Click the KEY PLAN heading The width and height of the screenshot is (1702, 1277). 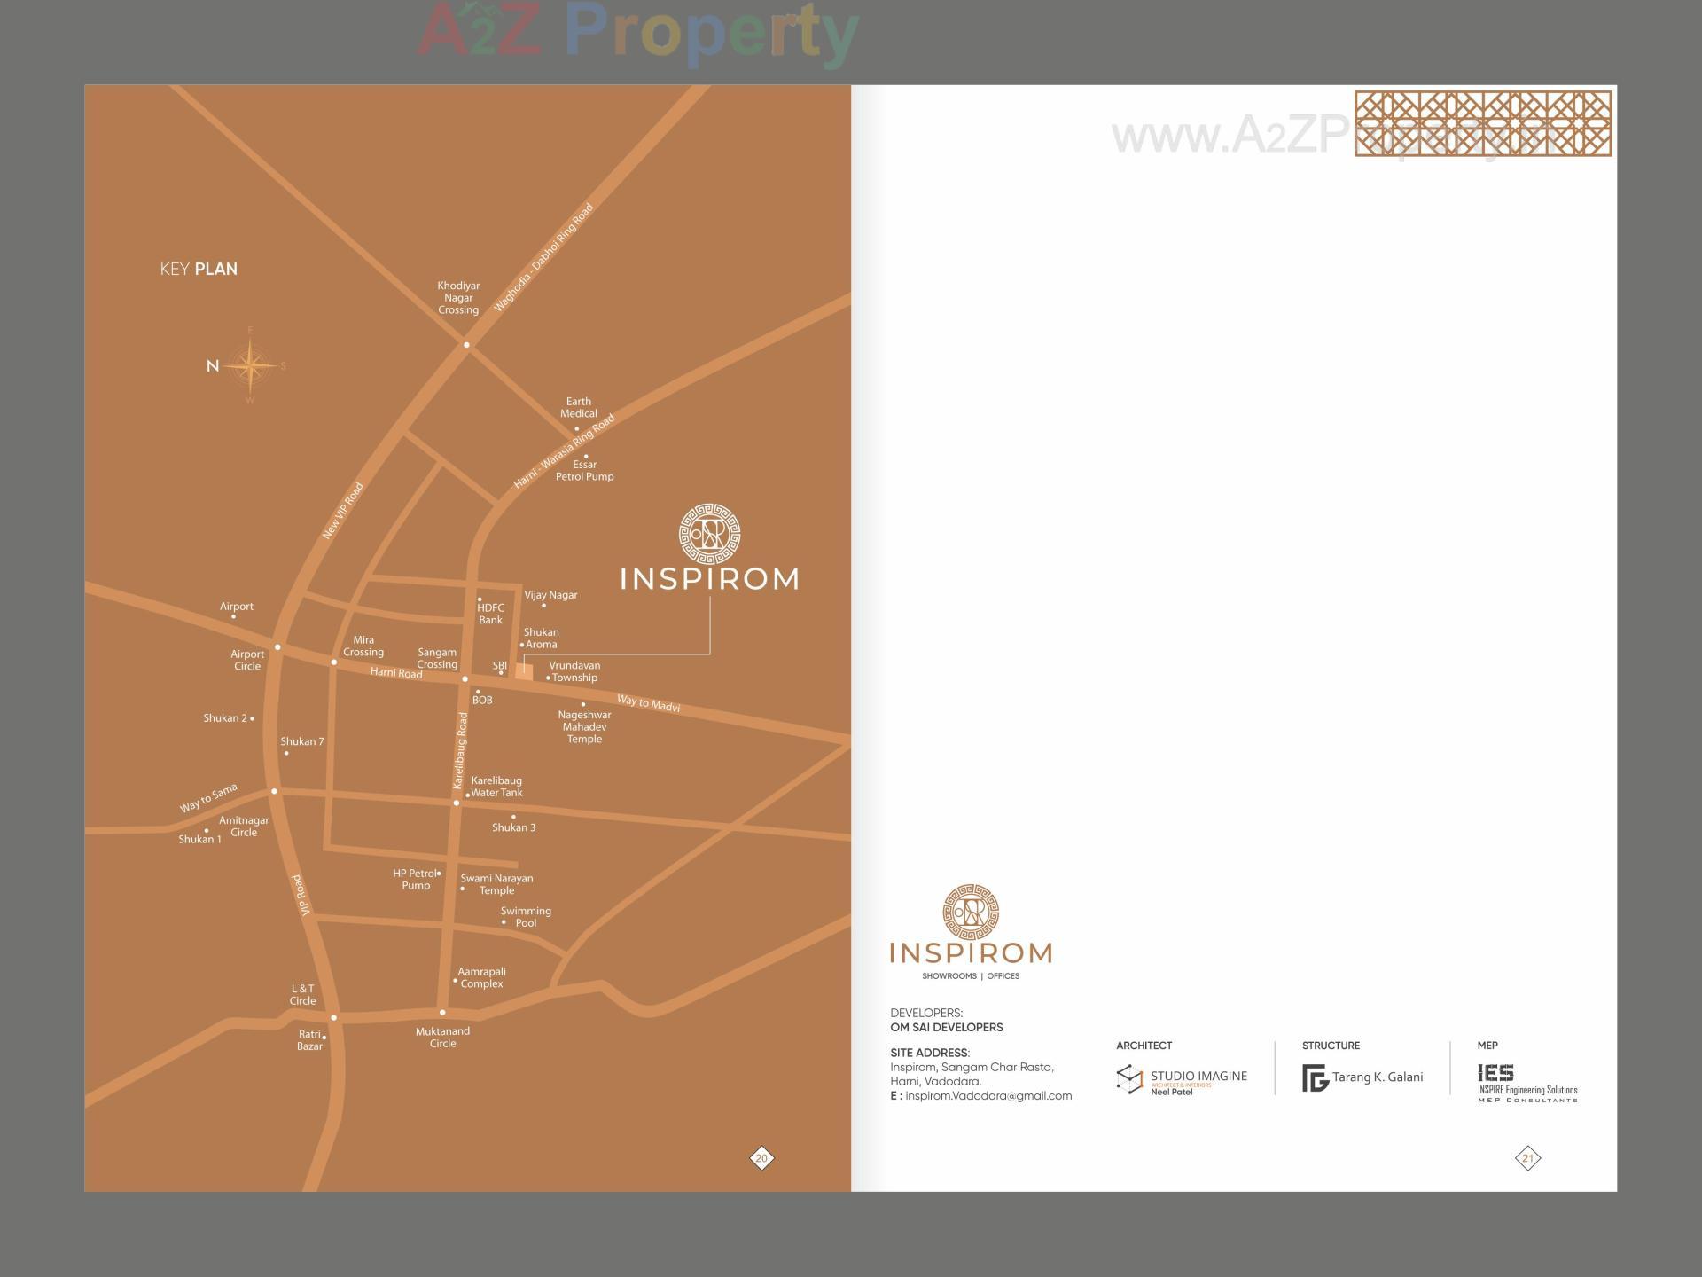click(x=199, y=270)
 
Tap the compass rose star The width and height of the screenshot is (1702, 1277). click(x=250, y=365)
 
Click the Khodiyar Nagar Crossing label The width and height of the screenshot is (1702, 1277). click(x=458, y=298)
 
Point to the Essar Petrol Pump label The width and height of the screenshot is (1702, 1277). click(x=584, y=471)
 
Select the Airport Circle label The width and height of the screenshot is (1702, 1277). click(x=247, y=661)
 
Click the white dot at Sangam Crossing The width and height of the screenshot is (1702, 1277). click(x=465, y=679)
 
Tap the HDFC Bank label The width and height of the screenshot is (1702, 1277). click(x=490, y=614)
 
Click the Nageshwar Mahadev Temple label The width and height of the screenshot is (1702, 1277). click(x=584, y=727)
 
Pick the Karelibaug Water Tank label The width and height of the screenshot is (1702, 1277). click(x=496, y=787)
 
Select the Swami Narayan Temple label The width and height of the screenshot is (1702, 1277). click(x=496, y=884)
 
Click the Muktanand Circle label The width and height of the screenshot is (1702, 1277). click(x=442, y=1038)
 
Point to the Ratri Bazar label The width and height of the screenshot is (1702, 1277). click(x=309, y=1040)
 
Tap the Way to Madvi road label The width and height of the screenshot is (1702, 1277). click(x=648, y=703)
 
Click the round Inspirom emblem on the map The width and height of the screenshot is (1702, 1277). click(x=709, y=534)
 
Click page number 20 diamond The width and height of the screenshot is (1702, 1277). click(x=761, y=1158)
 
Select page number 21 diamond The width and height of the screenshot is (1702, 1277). click(x=1527, y=1158)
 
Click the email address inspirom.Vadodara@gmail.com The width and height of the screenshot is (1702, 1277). click(x=988, y=1096)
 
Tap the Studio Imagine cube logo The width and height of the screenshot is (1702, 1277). click(x=1129, y=1079)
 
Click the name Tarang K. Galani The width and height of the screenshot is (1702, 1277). click(x=1378, y=1077)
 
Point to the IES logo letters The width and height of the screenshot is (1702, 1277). click(x=1496, y=1073)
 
